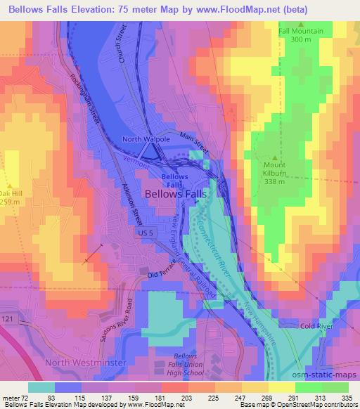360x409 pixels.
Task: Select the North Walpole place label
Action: pyautogui.click(x=147, y=139)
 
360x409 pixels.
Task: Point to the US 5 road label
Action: pyautogui.click(x=146, y=232)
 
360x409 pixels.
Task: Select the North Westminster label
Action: pyautogui.click(x=85, y=362)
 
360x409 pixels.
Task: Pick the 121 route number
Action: pyautogui.click(x=7, y=320)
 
